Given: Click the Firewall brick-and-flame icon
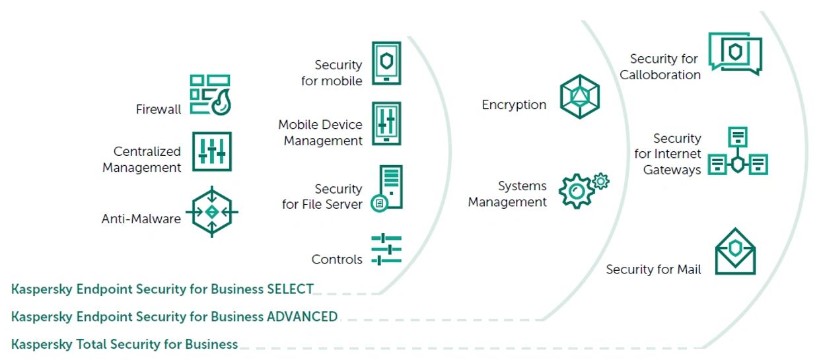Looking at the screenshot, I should [211, 94].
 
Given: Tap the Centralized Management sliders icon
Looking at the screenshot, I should [212, 151].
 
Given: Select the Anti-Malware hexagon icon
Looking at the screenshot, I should [211, 212].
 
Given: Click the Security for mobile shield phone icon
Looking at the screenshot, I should [386, 63].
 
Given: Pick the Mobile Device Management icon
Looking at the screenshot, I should [386, 124].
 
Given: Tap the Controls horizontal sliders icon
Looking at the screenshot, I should [386, 250].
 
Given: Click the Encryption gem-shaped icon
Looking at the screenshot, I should [580, 96].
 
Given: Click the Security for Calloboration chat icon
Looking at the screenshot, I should [735, 54].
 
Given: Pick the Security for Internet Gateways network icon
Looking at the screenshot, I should [738, 153].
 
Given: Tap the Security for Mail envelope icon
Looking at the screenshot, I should [735, 252].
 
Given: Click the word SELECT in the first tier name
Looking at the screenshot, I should [290, 289].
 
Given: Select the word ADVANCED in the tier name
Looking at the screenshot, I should [302, 316].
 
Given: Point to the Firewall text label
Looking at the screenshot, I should [159, 110].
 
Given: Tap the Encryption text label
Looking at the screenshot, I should [514, 104].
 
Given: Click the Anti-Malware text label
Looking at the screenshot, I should [141, 219].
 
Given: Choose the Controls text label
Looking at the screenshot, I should [337, 260].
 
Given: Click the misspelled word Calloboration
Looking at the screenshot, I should [660, 75].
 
